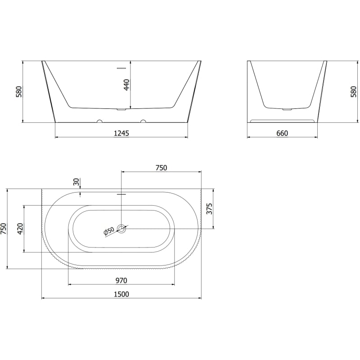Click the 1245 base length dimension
click(x=121, y=133)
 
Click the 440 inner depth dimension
click(x=126, y=85)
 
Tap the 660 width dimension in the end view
click(x=282, y=133)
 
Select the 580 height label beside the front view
click(x=19, y=91)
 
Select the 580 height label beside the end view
click(x=354, y=91)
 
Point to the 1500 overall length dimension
click(x=121, y=294)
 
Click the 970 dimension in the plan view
click(x=121, y=280)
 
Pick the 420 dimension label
click(x=20, y=229)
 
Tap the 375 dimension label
click(x=209, y=208)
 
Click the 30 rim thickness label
click(x=76, y=182)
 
